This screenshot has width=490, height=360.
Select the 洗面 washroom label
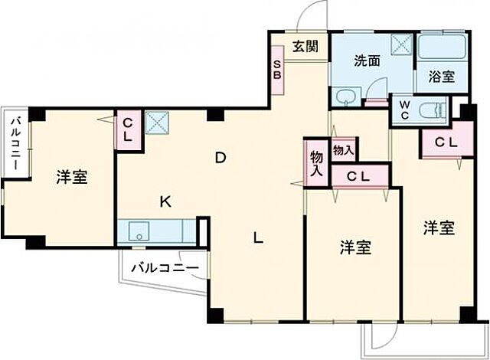pyautogui.click(x=367, y=61)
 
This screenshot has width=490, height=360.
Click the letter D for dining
pyautogui.click(x=220, y=159)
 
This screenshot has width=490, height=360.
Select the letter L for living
pyautogui.click(x=260, y=238)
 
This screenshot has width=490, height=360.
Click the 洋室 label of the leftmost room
pyautogui.click(x=71, y=178)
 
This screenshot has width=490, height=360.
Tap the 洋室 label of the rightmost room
pyautogui.click(x=440, y=227)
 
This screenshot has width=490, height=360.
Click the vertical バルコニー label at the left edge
pyautogui.click(x=15, y=146)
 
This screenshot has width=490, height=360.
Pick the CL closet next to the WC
pyautogui.click(x=446, y=142)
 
